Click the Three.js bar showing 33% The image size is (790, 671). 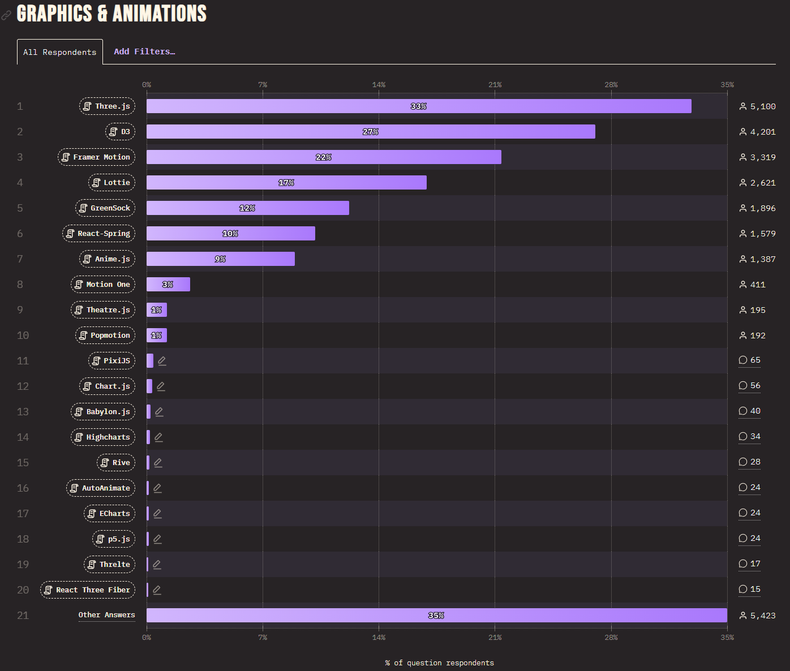(x=419, y=106)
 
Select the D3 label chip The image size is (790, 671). (x=120, y=132)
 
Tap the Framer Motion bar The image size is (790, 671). (x=324, y=157)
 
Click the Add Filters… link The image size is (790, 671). (x=144, y=51)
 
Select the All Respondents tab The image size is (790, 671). (x=60, y=52)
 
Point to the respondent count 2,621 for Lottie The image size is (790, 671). (x=757, y=183)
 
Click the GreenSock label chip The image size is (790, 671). (x=105, y=208)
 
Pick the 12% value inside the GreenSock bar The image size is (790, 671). (x=247, y=208)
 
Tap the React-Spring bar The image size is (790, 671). (x=230, y=234)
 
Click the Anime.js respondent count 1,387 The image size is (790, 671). (x=757, y=259)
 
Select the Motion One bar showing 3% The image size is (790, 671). (x=168, y=285)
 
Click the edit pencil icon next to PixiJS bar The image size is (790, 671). (x=162, y=361)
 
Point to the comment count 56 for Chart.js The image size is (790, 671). (x=750, y=386)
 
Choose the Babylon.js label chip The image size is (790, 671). (x=103, y=412)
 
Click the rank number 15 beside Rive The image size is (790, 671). (x=23, y=463)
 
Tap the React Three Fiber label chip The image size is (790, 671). (x=88, y=590)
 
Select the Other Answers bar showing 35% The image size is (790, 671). (x=436, y=616)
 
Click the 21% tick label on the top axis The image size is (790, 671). (x=495, y=85)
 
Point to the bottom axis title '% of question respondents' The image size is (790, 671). (x=439, y=663)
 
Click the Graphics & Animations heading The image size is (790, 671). (x=111, y=14)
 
